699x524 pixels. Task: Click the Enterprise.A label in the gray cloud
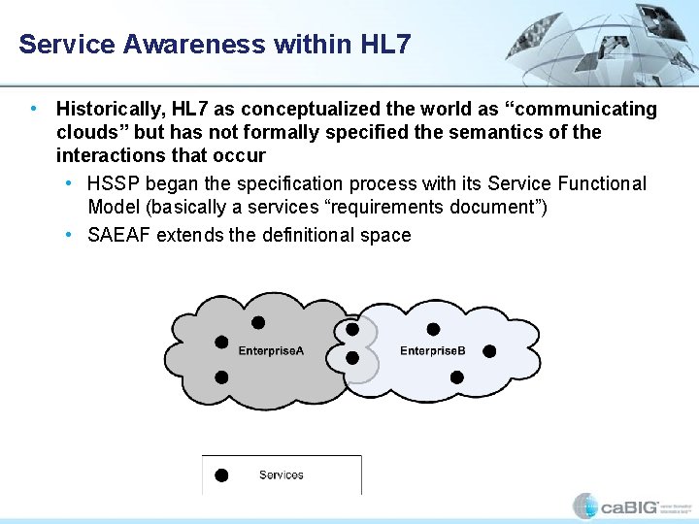(271, 350)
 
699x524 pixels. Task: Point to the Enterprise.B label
(432, 350)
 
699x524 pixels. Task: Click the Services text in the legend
(281, 475)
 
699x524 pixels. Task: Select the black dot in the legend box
(221, 475)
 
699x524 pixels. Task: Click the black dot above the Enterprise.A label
(258, 322)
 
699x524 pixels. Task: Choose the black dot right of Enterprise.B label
(489, 350)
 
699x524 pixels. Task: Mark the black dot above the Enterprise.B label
(433, 329)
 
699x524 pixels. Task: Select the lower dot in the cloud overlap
(351, 358)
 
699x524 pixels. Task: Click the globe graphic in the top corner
(612, 44)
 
